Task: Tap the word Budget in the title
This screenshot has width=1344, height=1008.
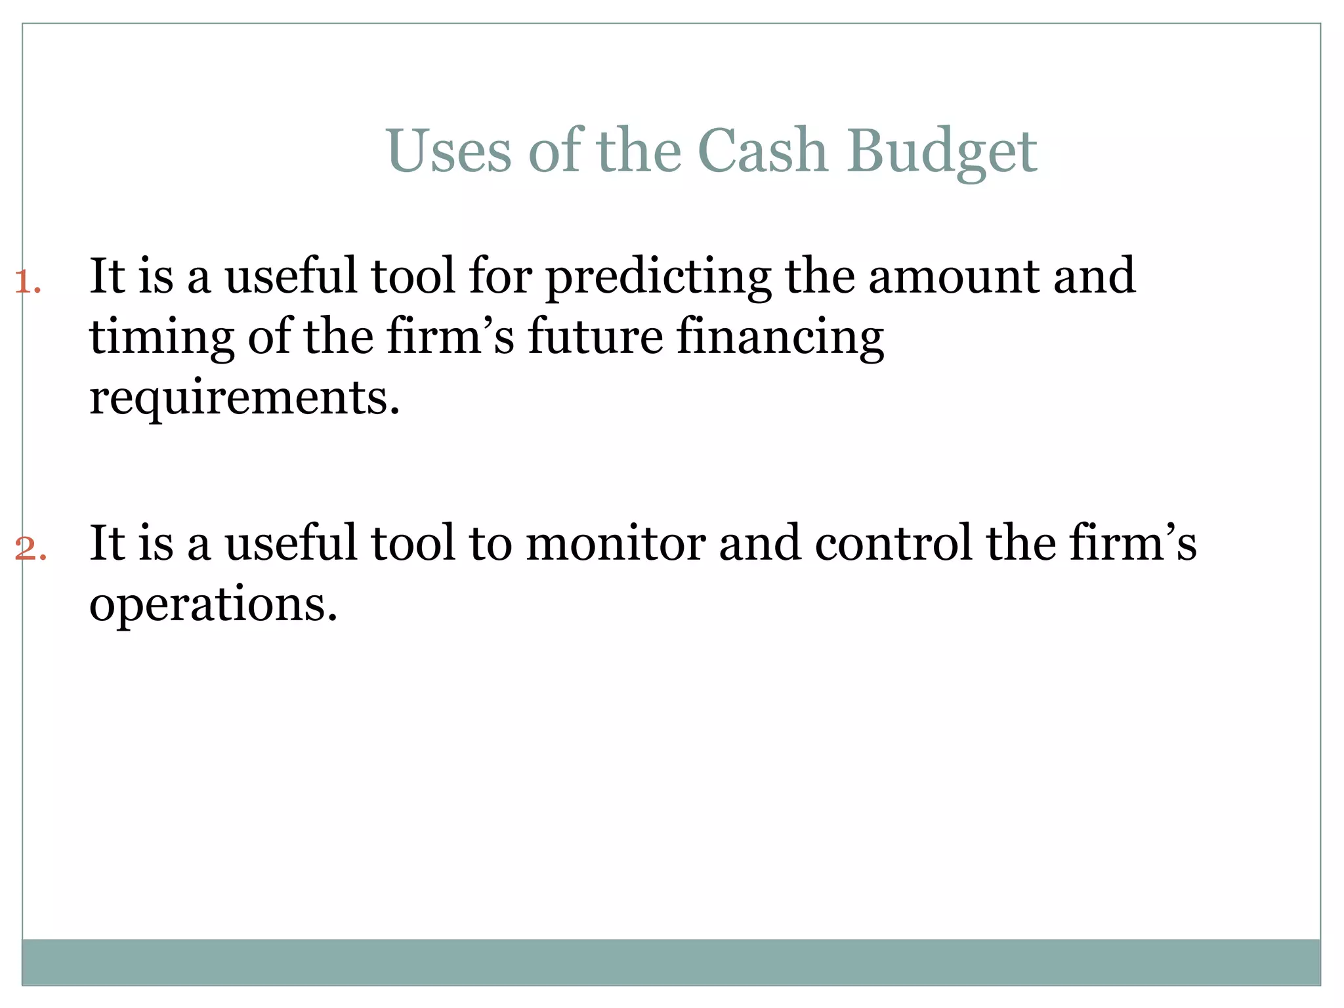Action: click(x=942, y=152)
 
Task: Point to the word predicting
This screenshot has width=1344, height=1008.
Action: click(x=658, y=277)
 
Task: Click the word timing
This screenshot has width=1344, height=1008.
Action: click(x=161, y=337)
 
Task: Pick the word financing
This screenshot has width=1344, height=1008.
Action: click(x=780, y=337)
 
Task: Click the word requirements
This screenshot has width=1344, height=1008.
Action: click(x=244, y=398)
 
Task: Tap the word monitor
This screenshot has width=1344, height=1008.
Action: click(x=616, y=543)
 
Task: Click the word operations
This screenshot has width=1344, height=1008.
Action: click(x=213, y=605)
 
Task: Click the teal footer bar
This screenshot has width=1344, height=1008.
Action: click(x=671, y=961)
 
